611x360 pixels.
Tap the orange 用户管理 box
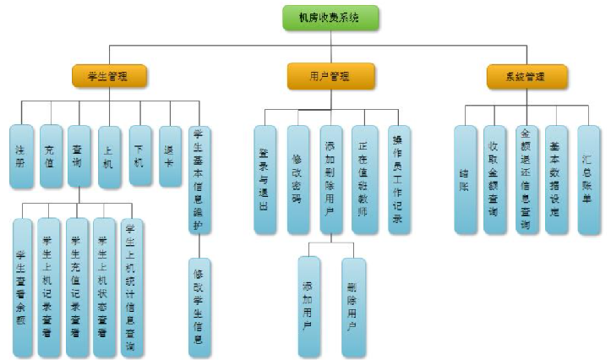(319, 77)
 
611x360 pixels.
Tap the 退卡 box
(170, 150)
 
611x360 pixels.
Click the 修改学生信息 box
(199, 305)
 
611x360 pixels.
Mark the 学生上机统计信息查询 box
(132, 287)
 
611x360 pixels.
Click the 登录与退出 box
(265, 179)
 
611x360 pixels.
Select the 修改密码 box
(298, 179)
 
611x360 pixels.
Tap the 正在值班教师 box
(365, 179)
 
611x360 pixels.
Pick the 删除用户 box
(353, 306)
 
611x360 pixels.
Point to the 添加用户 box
(309, 306)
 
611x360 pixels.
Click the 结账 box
(465, 179)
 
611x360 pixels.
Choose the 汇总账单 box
(589, 179)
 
